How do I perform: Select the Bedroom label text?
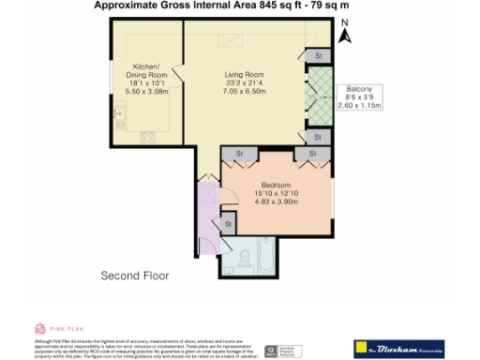click(277, 185)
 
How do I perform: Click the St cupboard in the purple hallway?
click(227, 225)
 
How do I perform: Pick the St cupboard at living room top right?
click(319, 56)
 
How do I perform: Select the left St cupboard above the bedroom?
click(239, 154)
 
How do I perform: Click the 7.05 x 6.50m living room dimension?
click(243, 93)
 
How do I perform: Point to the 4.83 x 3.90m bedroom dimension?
click(277, 202)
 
